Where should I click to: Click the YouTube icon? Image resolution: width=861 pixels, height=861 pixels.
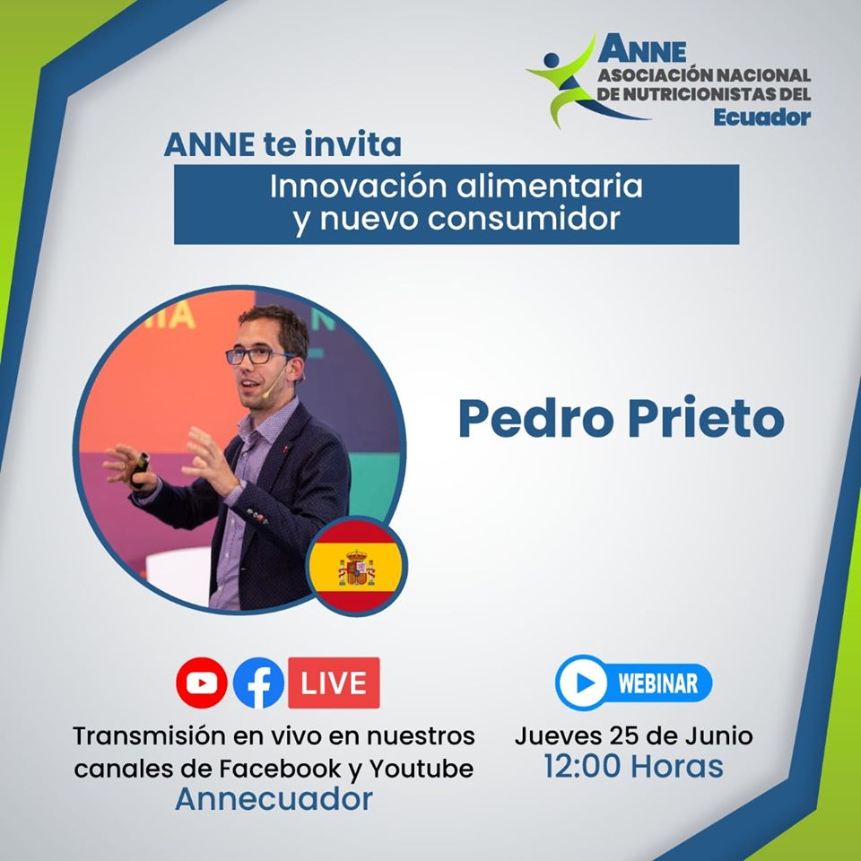(x=202, y=683)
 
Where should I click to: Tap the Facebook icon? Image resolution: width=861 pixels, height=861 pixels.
(x=258, y=683)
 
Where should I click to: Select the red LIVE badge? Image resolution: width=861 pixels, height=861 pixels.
(x=334, y=683)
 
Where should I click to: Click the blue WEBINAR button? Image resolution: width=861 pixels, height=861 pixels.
(x=634, y=683)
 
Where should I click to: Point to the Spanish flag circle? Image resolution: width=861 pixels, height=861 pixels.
(x=356, y=565)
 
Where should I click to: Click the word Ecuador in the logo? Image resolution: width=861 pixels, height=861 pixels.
(x=763, y=117)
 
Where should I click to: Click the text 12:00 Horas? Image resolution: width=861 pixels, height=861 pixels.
(x=633, y=767)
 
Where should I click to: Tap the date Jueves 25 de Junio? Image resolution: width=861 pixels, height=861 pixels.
(x=633, y=736)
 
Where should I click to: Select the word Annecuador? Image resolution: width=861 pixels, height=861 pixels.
(x=274, y=798)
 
